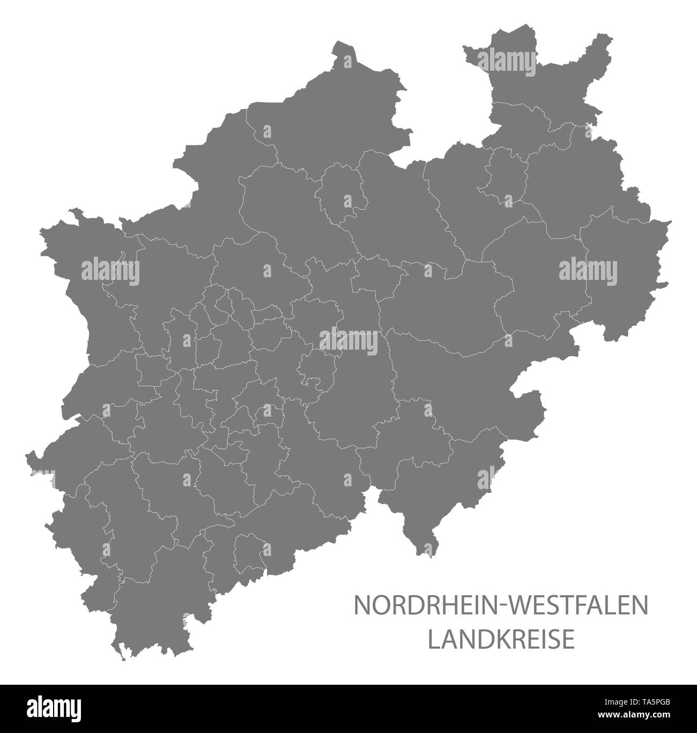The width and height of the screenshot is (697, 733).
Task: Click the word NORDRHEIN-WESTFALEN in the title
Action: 500,605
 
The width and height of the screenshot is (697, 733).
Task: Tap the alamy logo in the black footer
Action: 43,707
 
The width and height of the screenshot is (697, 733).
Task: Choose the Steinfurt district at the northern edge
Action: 322,123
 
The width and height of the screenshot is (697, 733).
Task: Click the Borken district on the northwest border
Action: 214,177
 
